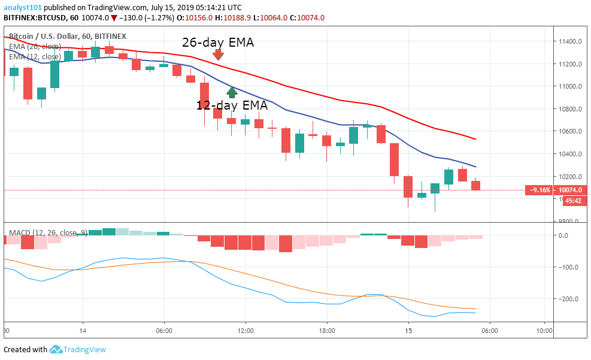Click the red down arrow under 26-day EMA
[218, 55]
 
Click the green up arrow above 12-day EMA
[232, 92]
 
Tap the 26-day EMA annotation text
[218, 43]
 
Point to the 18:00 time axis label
[327, 330]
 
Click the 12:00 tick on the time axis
[246, 330]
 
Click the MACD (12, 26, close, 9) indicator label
[48, 232]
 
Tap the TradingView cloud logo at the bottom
[56, 349]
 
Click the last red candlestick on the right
[476, 185]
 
